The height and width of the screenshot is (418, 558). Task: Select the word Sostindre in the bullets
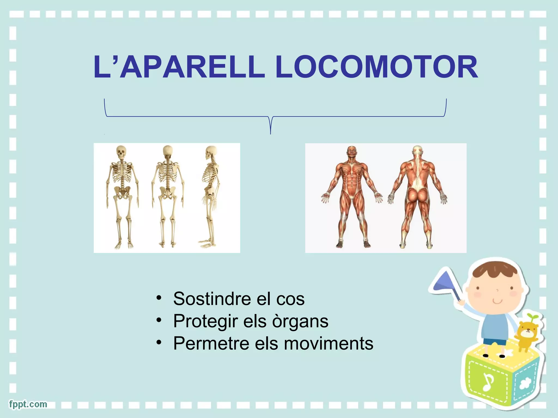(212, 299)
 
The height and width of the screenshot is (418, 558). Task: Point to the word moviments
(329, 343)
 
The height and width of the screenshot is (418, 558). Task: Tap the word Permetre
(211, 343)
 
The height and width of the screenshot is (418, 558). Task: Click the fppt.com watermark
(28, 404)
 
